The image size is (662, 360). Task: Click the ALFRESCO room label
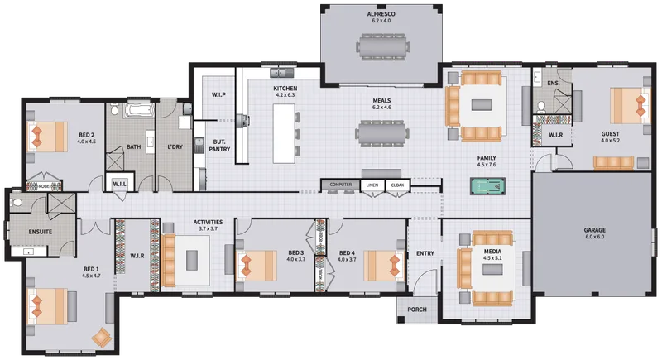381,14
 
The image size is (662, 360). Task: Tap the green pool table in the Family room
487,186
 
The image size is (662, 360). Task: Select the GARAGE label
594,230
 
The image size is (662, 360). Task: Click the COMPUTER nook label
341,185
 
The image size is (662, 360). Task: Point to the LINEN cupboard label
372,185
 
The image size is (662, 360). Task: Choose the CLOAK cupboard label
397,185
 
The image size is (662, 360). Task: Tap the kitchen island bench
283,133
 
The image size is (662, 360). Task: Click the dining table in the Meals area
382,134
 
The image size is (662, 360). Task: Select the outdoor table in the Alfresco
383,46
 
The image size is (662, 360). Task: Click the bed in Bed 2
47,137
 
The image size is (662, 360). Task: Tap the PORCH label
417,310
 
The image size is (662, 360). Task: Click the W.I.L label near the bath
119,184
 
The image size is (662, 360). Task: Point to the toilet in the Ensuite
16,203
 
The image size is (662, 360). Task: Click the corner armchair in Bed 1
101,337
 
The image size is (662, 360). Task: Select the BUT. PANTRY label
219,146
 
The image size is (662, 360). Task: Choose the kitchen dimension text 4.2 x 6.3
285,95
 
